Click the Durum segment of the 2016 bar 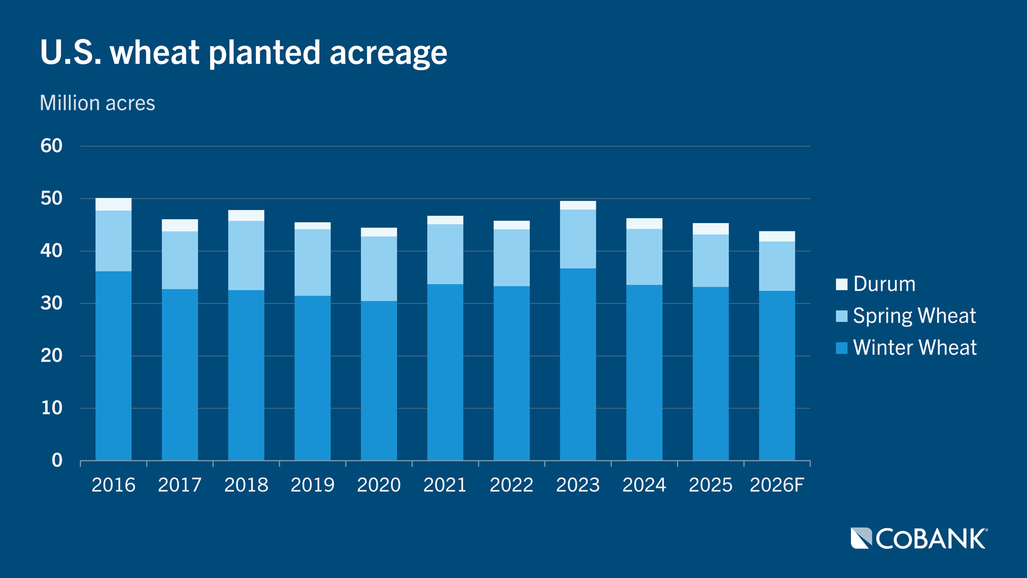point(113,204)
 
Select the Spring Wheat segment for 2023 point(578,239)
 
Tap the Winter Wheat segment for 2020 point(379,380)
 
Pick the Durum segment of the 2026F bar point(777,237)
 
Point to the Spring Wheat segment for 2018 point(246,255)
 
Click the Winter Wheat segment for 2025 point(710,373)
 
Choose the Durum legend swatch point(841,284)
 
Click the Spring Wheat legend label point(914,316)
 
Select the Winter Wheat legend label point(914,348)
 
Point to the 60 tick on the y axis point(51,146)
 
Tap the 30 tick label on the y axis point(51,303)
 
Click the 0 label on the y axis point(57,460)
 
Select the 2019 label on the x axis point(312,485)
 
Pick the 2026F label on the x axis point(777,485)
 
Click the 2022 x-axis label point(511,485)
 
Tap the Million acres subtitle point(97,103)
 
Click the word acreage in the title point(388,53)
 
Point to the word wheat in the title point(155,53)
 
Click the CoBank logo point(918,538)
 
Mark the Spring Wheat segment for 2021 point(445,254)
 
